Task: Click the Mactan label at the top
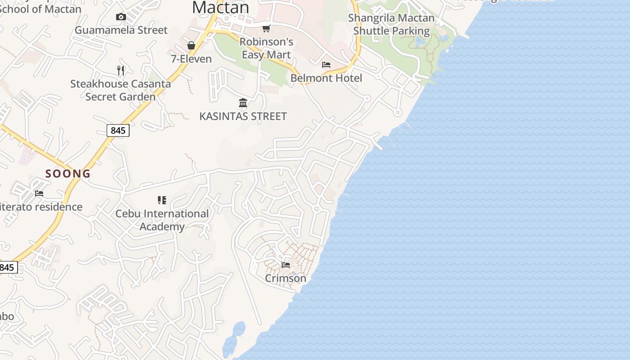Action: coord(220,7)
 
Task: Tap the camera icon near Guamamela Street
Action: coord(121,17)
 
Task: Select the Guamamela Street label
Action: coord(121,30)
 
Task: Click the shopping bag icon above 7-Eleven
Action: coord(191,45)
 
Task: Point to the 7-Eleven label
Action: coord(191,58)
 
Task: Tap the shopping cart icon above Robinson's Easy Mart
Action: coord(266,29)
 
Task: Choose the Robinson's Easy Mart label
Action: coord(266,48)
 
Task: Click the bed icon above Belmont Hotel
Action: coord(326,65)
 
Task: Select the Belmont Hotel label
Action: coord(326,78)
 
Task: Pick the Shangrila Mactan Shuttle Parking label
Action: coord(391,24)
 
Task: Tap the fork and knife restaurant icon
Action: coord(120,70)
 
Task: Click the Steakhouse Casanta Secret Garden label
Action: coord(121,90)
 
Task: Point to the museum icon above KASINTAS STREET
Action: coord(243,103)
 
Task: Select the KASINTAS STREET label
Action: coord(243,116)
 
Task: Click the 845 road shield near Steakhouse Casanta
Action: coord(118,130)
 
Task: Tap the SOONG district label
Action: coord(68,173)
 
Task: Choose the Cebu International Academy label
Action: coord(162,220)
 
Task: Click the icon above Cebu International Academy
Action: coord(162,200)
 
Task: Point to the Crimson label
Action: coord(286,278)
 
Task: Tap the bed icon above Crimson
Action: coord(286,265)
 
